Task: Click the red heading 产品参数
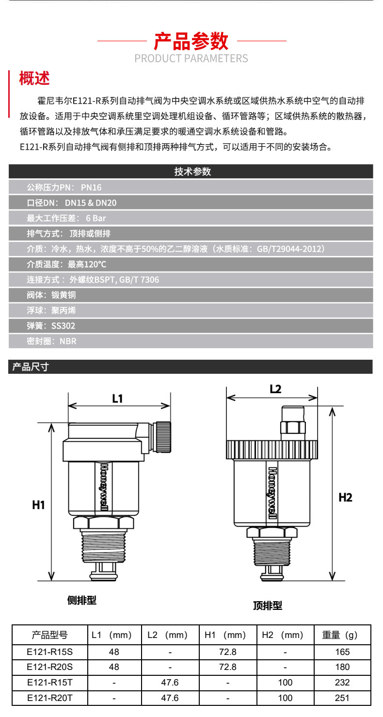[x=191, y=41]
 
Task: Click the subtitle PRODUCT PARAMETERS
[x=191, y=59]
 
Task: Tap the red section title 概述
[x=34, y=78]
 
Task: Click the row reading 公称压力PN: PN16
[x=64, y=188]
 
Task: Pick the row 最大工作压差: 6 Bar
[x=66, y=218]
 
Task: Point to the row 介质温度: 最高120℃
[x=66, y=264]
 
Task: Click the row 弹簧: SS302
[x=51, y=326]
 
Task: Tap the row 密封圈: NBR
[x=51, y=341]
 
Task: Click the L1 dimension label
[x=117, y=398]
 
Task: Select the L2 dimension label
[x=275, y=388]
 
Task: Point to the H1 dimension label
[x=39, y=505]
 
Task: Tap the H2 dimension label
[x=345, y=497]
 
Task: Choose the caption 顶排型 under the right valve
[x=267, y=605]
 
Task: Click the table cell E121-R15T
[x=49, y=682]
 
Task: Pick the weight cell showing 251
[x=342, y=698]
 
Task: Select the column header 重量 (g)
[x=339, y=635]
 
